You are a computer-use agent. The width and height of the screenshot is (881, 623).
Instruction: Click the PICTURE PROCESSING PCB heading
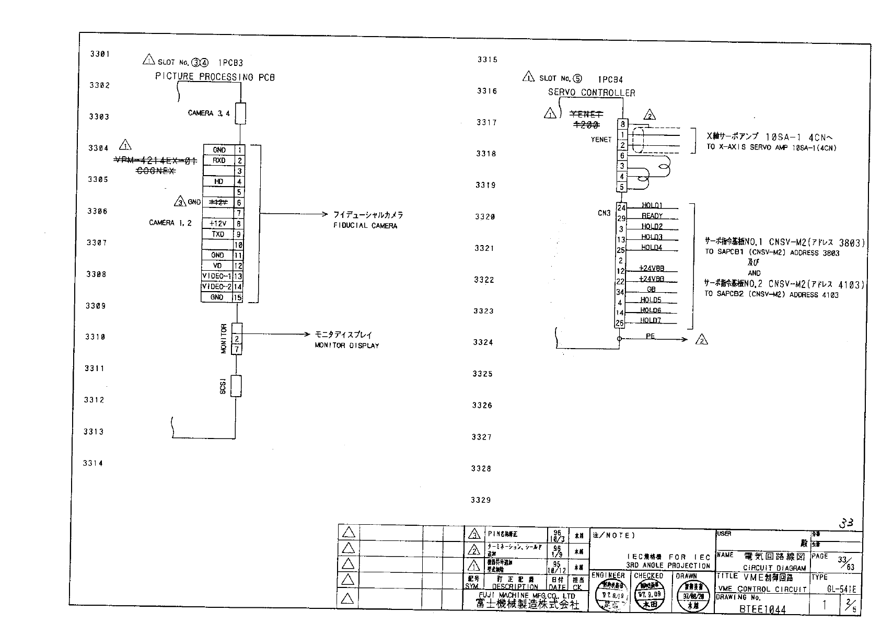(215, 77)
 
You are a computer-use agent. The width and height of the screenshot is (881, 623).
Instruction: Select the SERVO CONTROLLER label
(592, 93)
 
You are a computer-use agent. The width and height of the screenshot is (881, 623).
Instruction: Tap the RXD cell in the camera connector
(219, 160)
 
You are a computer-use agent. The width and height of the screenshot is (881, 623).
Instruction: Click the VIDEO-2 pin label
(217, 286)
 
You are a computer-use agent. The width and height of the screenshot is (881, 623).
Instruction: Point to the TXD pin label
(218, 234)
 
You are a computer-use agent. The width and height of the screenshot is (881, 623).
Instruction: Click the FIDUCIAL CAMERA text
(365, 226)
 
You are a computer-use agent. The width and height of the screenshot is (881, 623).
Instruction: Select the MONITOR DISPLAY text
(346, 345)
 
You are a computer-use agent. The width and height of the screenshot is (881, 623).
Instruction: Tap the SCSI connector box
(236, 386)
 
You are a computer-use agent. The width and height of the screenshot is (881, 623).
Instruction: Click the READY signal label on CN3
(652, 216)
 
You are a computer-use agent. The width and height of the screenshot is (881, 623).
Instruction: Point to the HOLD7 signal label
(651, 320)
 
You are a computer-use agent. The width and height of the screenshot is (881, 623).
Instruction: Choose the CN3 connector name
(604, 213)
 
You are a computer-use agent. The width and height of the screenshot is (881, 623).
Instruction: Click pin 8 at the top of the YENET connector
(622, 124)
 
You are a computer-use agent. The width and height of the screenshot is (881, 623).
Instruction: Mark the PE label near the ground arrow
(650, 337)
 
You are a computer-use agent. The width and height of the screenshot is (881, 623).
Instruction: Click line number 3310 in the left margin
(95, 337)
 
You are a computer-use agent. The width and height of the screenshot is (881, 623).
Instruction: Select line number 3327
(482, 437)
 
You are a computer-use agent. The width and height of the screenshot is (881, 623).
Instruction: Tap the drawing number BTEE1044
(762, 609)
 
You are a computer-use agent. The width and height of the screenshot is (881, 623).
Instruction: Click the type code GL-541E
(841, 589)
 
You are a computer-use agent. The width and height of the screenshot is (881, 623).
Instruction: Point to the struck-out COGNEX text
(156, 171)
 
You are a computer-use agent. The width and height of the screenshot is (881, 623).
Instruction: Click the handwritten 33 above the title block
(846, 523)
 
